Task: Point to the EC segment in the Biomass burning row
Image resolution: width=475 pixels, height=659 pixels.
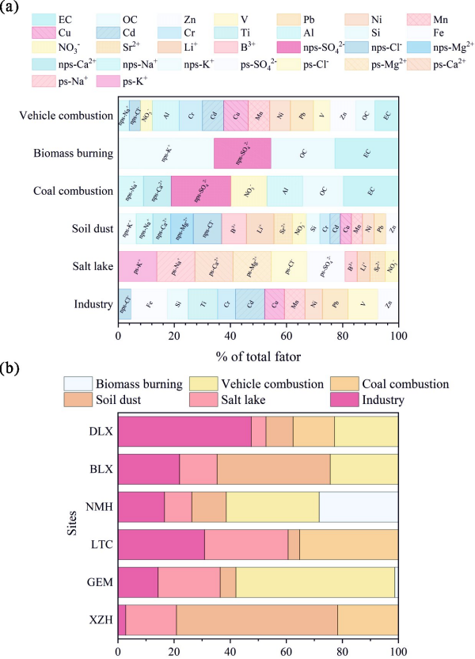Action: (x=367, y=154)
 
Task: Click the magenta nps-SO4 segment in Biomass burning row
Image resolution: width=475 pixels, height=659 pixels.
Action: (x=242, y=154)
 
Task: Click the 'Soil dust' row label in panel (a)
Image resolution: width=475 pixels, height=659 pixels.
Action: (x=86, y=229)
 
